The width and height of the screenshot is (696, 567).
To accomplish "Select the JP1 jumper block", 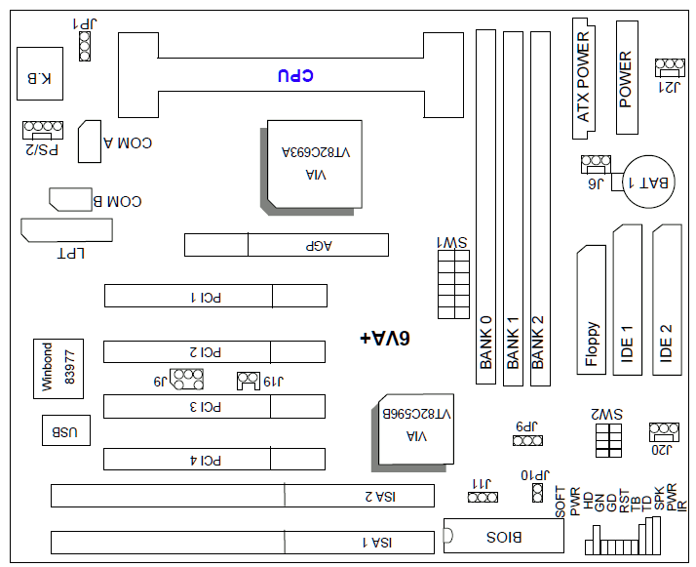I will (x=85, y=44).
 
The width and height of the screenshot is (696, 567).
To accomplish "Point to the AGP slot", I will (x=287, y=245).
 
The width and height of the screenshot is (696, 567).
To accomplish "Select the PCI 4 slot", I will (x=215, y=459).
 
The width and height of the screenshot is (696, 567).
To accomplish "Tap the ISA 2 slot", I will (x=243, y=496).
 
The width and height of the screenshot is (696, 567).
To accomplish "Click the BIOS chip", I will (x=504, y=536).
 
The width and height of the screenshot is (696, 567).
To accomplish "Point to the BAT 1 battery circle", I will (x=649, y=182).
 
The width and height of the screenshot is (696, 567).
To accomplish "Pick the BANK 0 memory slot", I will (x=485, y=207).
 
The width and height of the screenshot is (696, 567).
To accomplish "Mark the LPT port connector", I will (x=66, y=230).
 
